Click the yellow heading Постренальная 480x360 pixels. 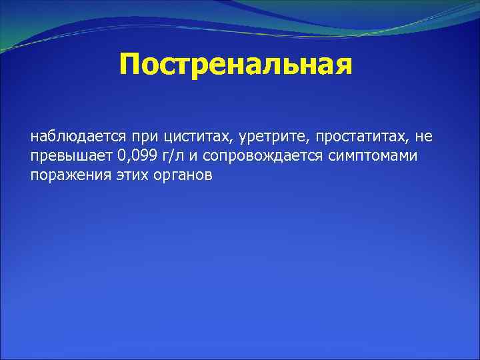point(235,65)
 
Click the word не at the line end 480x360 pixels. point(423,137)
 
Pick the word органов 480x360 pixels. point(174,175)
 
